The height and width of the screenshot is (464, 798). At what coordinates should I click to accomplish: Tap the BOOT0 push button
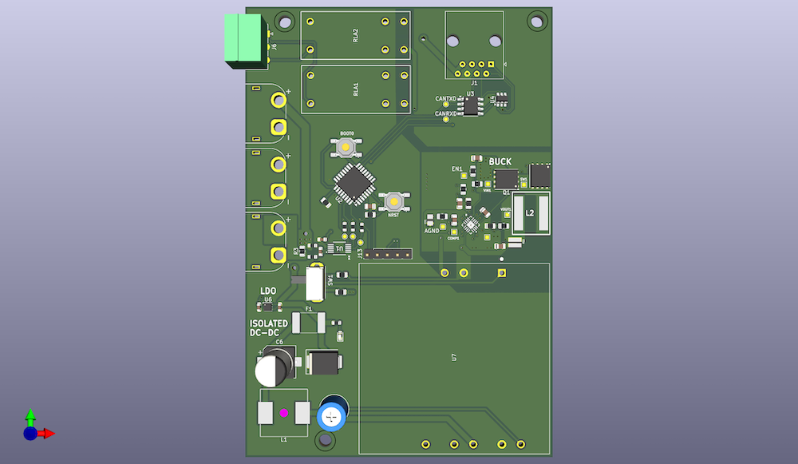[x=346, y=147]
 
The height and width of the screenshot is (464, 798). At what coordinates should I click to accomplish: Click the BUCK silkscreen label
[x=500, y=162]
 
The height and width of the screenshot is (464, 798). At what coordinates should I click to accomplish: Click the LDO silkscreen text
[x=268, y=291]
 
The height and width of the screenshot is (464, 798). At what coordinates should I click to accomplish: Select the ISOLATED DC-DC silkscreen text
[x=269, y=327]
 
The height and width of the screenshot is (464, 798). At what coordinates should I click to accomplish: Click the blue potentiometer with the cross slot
[x=332, y=416]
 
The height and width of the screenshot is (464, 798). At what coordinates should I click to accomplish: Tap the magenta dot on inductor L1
[x=283, y=413]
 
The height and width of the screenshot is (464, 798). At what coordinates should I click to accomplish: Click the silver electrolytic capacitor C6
[x=272, y=370]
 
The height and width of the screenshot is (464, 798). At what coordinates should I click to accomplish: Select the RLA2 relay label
[x=355, y=36]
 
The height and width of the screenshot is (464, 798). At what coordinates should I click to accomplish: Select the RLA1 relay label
[x=355, y=89]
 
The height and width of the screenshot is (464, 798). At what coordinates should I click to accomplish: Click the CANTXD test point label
[x=445, y=99]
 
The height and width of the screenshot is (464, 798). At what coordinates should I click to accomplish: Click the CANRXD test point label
[x=445, y=113]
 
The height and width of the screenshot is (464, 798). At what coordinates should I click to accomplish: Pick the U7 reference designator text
[x=454, y=357]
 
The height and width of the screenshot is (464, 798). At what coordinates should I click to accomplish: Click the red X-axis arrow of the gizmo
[x=48, y=433]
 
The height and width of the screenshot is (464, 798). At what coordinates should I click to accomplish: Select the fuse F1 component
[x=309, y=323]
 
